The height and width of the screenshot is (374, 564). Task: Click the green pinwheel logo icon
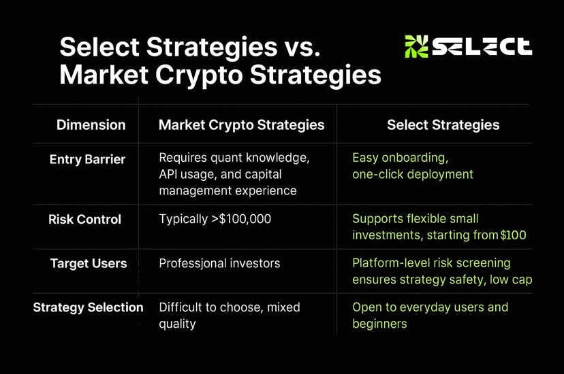416,47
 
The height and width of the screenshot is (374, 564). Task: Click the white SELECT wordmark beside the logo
482,47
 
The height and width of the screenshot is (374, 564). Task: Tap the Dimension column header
91,125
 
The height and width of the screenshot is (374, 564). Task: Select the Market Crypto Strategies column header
241,125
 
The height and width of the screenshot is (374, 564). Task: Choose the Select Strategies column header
443,125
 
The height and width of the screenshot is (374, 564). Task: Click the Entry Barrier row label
87,159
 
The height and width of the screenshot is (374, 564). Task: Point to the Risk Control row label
85,220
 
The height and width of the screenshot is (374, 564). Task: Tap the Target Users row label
89,263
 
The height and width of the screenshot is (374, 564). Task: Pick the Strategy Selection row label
88,307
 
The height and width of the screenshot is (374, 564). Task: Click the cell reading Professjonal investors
219,263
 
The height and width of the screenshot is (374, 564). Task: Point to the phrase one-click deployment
413,175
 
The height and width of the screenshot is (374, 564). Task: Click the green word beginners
379,324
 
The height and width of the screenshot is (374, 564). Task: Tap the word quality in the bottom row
177,324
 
